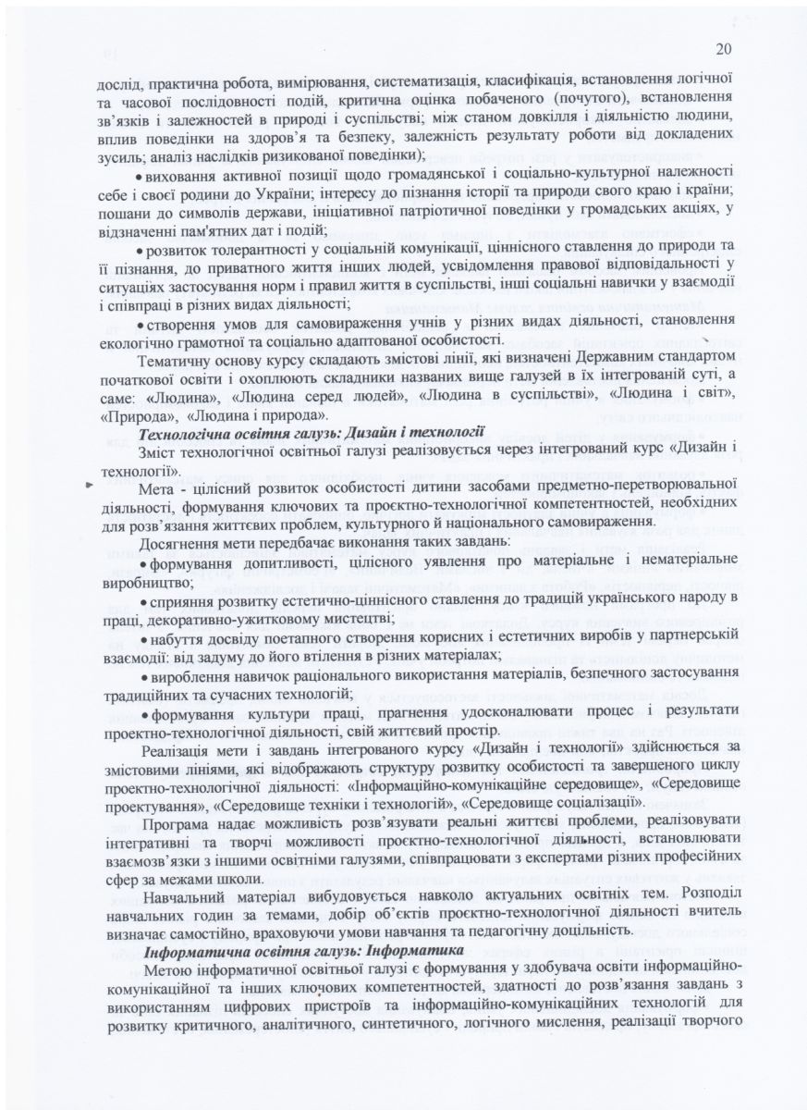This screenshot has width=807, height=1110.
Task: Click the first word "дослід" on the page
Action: tap(117, 80)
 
